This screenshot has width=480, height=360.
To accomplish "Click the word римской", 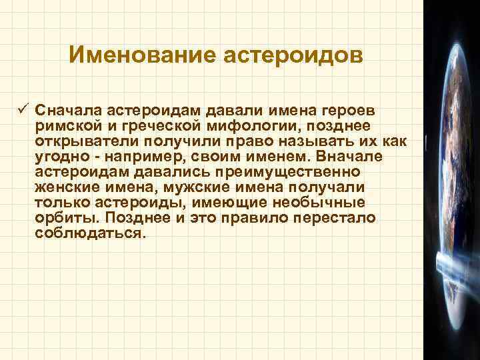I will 67,127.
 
